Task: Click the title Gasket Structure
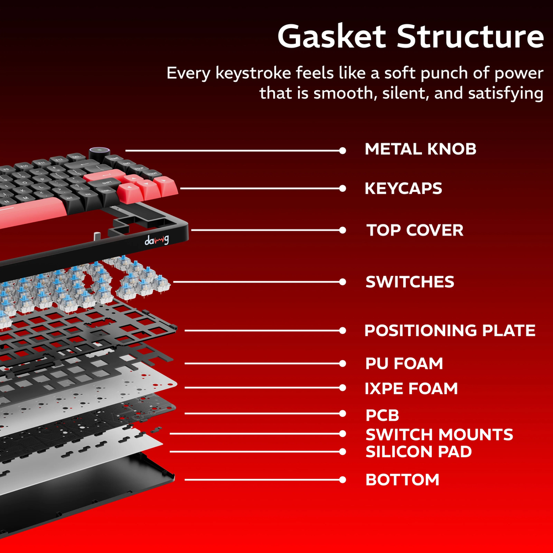click(410, 36)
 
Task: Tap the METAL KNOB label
click(420, 149)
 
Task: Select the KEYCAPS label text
click(403, 188)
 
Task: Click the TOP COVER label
click(415, 230)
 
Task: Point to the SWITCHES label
click(410, 281)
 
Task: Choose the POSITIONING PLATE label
click(450, 331)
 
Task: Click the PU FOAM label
click(404, 363)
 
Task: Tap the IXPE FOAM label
click(411, 388)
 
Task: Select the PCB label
click(382, 415)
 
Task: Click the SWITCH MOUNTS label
click(439, 434)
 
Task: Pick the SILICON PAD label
click(419, 452)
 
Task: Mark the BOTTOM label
click(402, 479)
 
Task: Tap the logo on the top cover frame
click(157, 240)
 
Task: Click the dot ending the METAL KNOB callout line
click(343, 150)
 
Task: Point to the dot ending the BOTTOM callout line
click(343, 479)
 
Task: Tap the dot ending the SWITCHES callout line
click(343, 282)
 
